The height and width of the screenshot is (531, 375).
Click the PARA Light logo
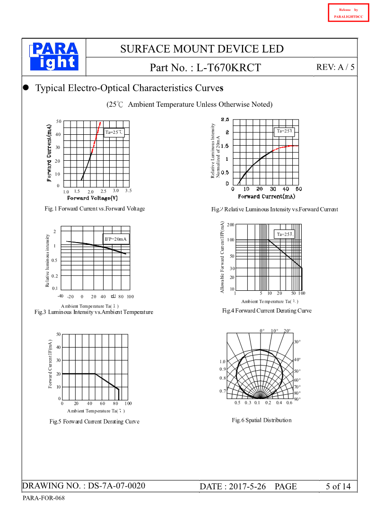pyautogui.click(x=54, y=57)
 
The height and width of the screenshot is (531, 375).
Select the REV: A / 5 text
pyautogui.click(x=335, y=67)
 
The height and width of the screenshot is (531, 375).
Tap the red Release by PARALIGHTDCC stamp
pyautogui.click(x=348, y=13)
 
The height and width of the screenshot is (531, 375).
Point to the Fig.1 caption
pyautogui.click(x=95, y=209)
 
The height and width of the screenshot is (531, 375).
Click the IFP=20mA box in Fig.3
pyautogui.click(x=116, y=239)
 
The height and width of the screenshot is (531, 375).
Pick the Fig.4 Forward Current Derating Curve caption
pyautogui.click(x=267, y=311)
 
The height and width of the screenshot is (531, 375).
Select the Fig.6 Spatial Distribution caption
pyautogui.click(x=262, y=420)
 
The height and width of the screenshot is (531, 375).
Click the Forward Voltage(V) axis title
pyautogui.click(x=96, y=198)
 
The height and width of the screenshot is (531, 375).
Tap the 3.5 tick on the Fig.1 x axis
pyautogui.click(x=128, y=191)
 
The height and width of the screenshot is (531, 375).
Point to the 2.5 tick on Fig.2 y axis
pyautogui.click(x=225, y=120)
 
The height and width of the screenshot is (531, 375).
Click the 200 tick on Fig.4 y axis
pyautogui.click(x=230, y=225)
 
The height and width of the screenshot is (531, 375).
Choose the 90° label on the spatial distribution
pyautogui.click(x=297, y=399)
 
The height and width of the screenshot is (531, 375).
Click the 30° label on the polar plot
pyautogui.click(x=297, y=341)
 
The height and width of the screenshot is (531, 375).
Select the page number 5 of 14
pyautogui.click(x=338, y=487)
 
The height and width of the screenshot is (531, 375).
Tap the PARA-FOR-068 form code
pyautogui.click(x=44, y=498)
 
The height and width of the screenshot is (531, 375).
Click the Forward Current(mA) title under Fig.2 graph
pyautogui.click(x=266, y=196)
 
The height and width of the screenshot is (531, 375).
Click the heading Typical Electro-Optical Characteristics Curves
pyautogui.click(x=129, y=88)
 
